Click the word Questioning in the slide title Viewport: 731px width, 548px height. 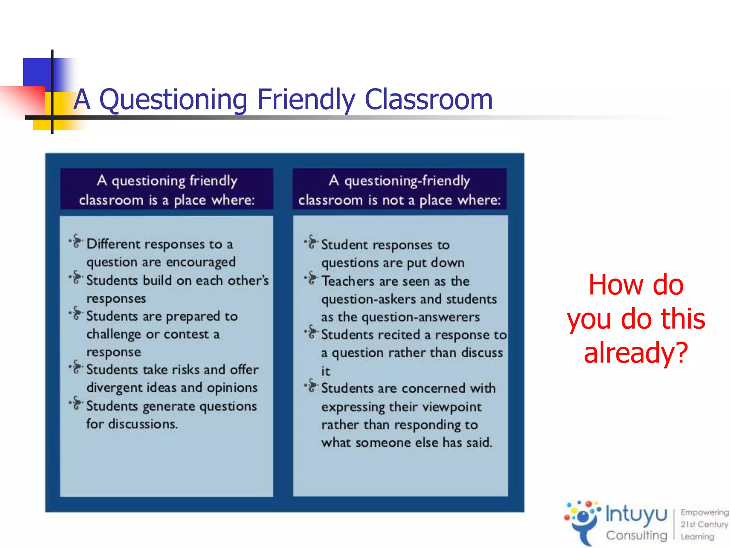[x=173, y=100]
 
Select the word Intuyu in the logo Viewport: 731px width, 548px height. [x=636, y=515]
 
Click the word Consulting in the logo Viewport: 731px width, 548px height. [x=636, y=535]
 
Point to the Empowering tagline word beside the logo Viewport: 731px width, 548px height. [x=704, y=512]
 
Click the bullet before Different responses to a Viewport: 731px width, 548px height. [x=76, y=242]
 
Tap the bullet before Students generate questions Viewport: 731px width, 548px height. [x=76, y=403]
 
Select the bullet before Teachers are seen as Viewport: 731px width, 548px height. [x=311, y=278]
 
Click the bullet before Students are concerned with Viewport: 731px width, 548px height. [x=311, y=386]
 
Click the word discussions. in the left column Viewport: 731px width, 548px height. [x=143, y=424]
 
